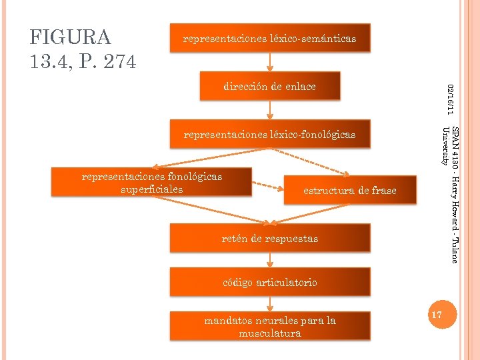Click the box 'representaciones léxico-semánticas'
coord(269,39)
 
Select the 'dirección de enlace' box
coord(269,87)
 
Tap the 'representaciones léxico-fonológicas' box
coord(269,135)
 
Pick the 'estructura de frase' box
coord(349,191)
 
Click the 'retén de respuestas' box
coord(269,238)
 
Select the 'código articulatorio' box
coord(269,283)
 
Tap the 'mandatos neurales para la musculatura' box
coord(269,327)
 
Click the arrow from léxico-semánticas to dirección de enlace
coord(269,63)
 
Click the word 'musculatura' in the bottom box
coord(269,333)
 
